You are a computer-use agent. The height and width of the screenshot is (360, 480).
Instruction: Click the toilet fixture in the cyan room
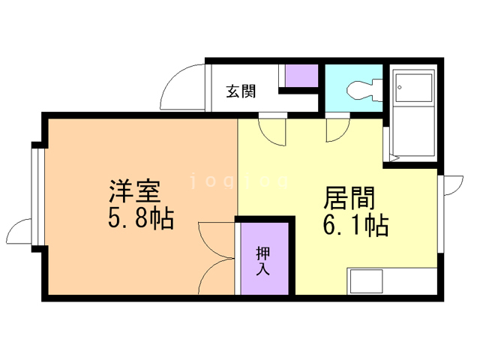(363, 88)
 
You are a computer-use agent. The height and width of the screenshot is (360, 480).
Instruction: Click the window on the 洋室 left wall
(35, 195)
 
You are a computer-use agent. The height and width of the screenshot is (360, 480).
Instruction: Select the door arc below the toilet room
(337, 129)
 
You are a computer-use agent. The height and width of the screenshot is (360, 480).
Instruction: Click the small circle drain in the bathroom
(400, 88)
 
